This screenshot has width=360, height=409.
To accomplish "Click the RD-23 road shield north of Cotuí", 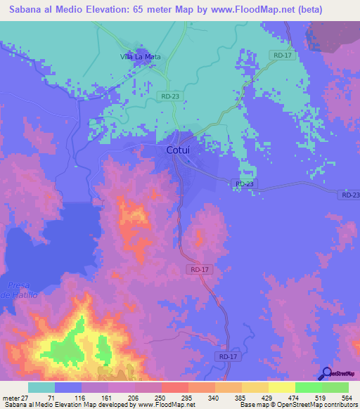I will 170,96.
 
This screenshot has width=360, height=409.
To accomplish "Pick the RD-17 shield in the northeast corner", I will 282,54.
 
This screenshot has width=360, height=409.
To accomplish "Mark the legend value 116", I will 82,398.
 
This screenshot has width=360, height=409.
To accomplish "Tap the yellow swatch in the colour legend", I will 282,387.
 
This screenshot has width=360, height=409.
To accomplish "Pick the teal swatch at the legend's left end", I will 41,387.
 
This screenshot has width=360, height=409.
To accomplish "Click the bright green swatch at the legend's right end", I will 335,387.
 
